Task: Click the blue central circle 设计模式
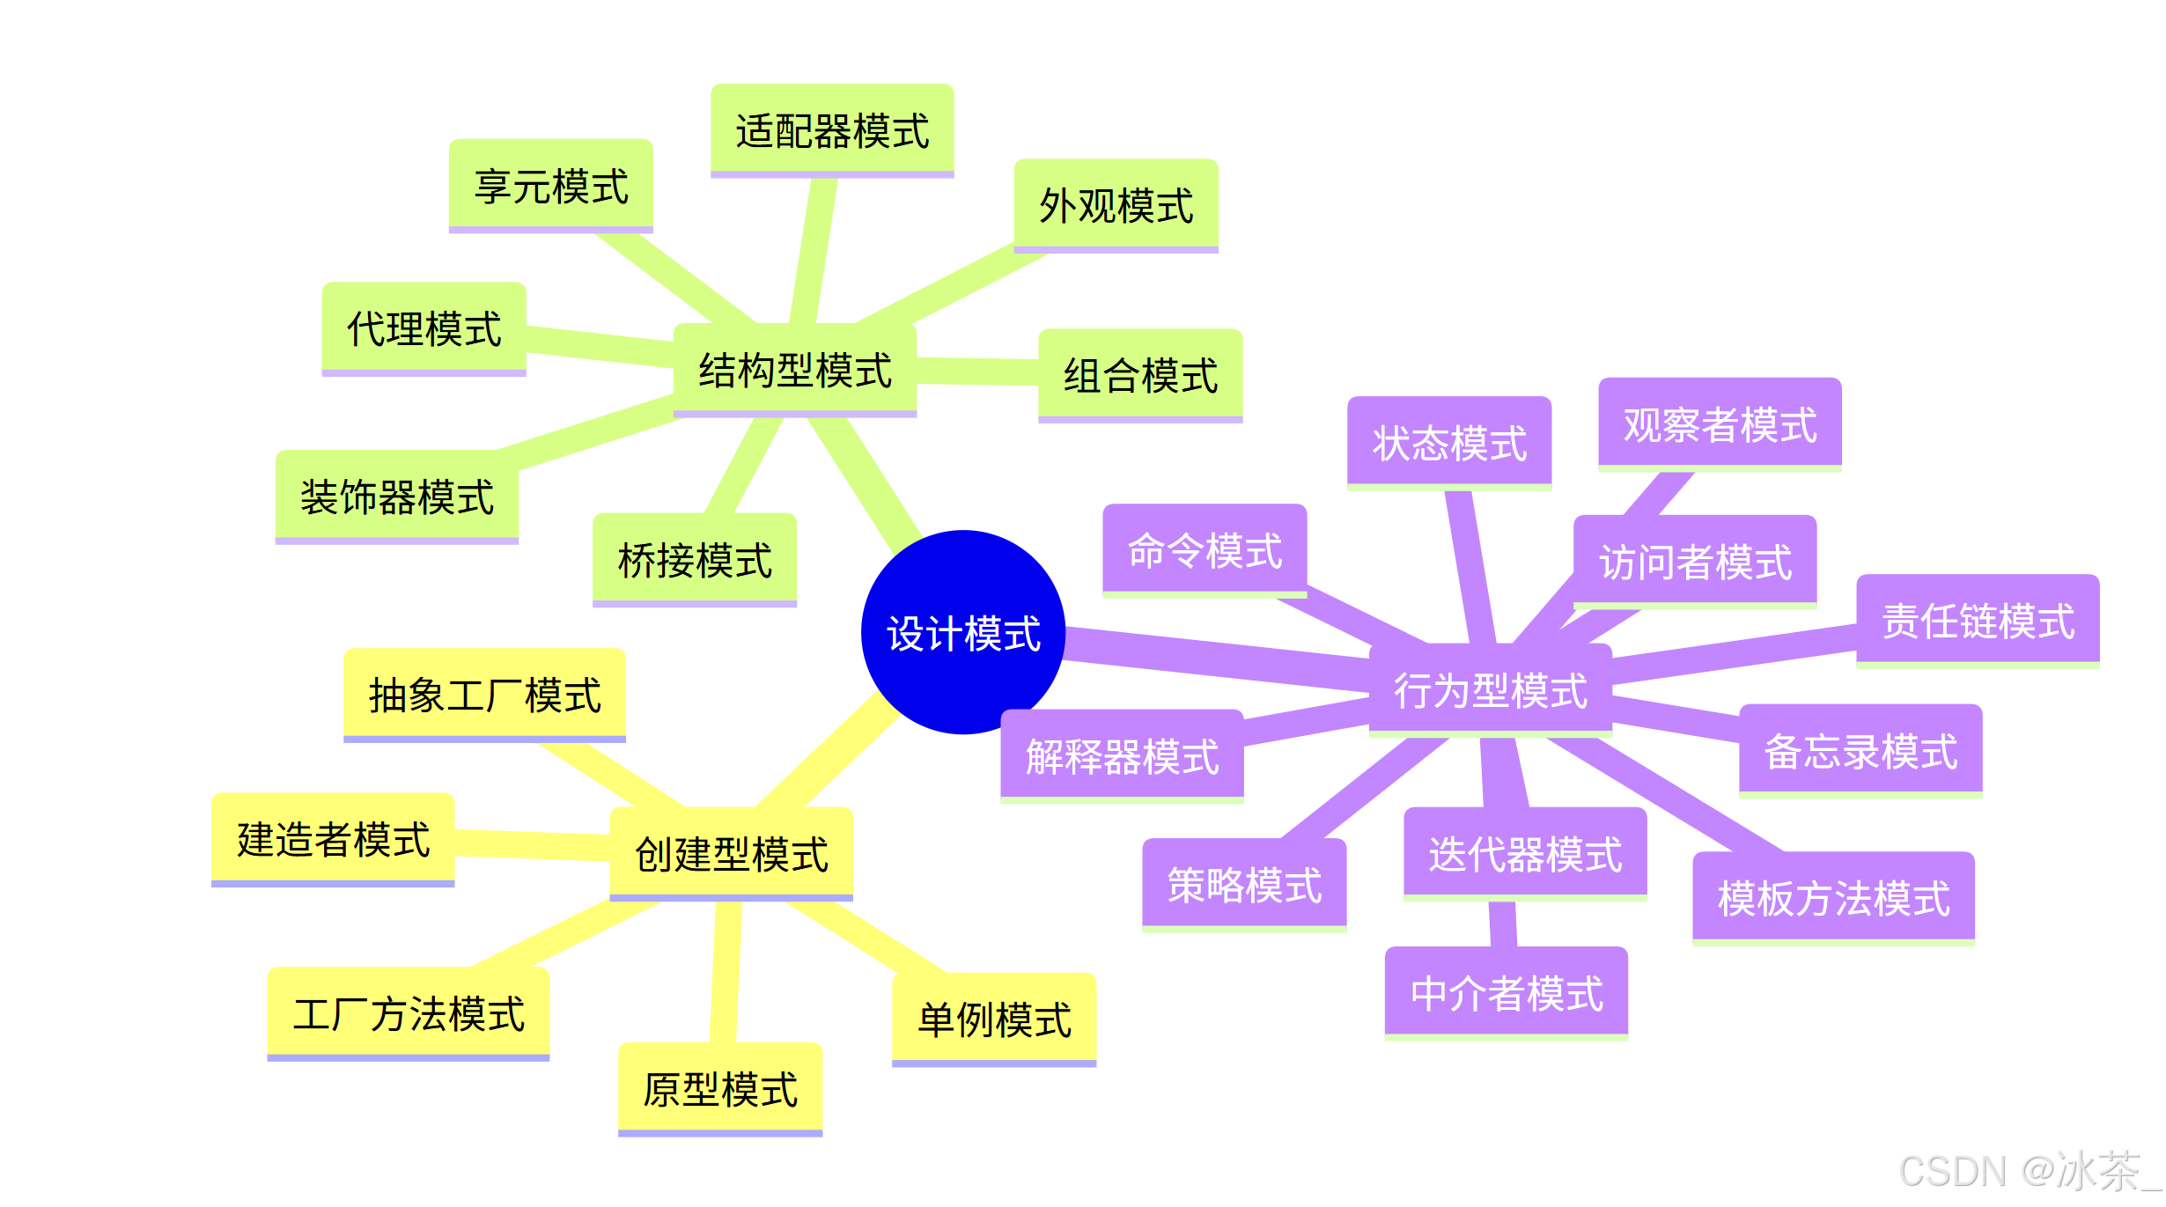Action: (x=963, y=632)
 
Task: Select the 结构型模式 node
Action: (x=795, y=370)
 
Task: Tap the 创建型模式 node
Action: (x=732, y=853)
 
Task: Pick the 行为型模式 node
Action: (x=1491, y=689)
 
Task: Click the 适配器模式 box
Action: (x=832, y=130)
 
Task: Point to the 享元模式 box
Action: (x=551, y=186)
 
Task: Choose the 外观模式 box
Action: (x=1116, y=205)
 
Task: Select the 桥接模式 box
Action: (x=695, y=560)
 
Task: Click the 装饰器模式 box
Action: (x=397, y=497)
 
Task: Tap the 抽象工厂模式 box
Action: (x=484, y=695)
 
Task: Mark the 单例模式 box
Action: (x=994, y=1019)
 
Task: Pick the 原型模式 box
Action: (x=720, y=1089)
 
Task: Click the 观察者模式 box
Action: (x=1720, y=424)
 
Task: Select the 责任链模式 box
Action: (x=1978, y=621)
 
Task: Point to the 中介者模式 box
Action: (x=1507, y=993)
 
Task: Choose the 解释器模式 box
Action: (x=1122, y=756)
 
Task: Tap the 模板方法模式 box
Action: (x=1833, y=898)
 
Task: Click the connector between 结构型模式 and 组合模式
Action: (x=977, y=372)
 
